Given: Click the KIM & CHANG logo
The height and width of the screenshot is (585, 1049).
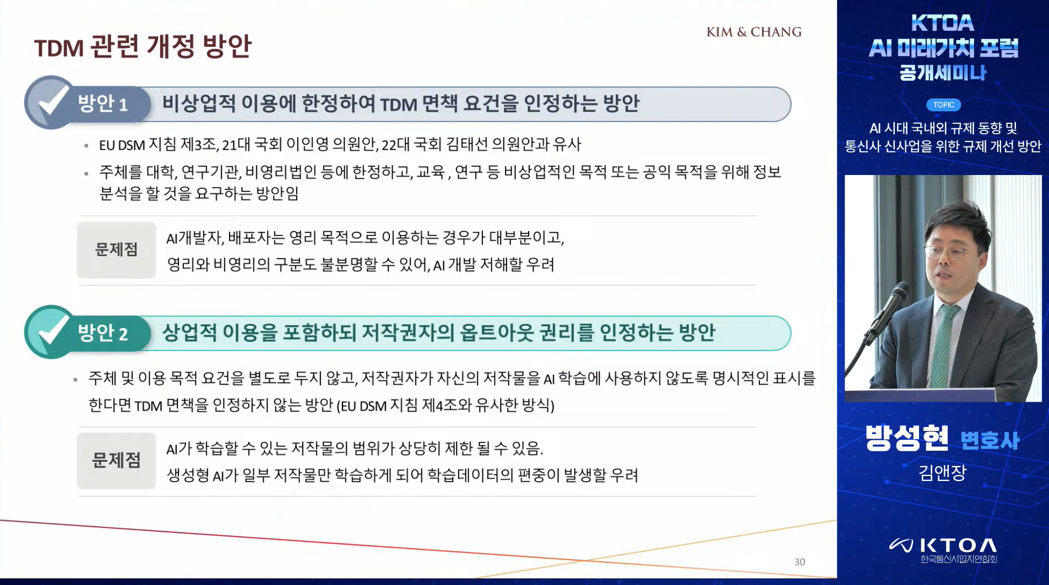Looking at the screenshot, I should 754,32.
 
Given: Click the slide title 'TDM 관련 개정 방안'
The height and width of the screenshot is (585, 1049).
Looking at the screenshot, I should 143,46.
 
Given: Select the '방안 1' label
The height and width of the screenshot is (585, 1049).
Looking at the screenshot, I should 103,103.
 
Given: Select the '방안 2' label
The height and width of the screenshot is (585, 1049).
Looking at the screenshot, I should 103,333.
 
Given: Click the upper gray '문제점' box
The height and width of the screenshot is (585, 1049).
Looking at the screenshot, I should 116,250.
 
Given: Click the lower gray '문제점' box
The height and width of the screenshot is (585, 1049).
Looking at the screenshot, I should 116,461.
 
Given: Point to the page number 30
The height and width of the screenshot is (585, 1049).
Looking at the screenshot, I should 800,562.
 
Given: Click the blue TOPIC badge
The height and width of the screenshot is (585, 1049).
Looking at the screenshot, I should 943,105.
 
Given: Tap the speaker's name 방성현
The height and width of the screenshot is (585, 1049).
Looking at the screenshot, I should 907,439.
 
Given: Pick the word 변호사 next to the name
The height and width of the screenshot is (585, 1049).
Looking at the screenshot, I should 990,441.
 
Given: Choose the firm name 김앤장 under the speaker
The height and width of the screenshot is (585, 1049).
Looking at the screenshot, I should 942,473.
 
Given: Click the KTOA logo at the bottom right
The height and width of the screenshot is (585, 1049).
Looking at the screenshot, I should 943,548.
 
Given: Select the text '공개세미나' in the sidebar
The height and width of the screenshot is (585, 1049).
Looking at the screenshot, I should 943,73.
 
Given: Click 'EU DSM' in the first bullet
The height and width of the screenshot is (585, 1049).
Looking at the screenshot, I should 122,145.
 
